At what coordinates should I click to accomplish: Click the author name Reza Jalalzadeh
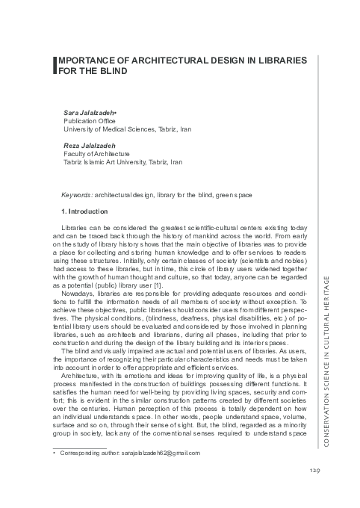pos(87,146)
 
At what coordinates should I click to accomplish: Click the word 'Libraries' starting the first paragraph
pos(74,226)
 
